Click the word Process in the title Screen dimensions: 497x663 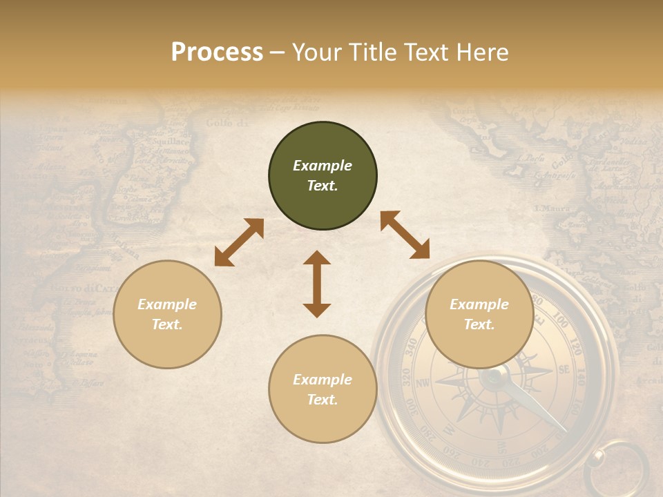pos(217,52)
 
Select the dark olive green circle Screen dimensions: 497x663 pos(323,176)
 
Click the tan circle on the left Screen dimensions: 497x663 pos(167,315)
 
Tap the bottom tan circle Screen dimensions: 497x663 pos(323,389)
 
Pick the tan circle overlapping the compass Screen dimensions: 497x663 pos(479,315)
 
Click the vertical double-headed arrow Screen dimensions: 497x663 pos(317,284)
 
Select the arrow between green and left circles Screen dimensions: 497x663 pos(239,242)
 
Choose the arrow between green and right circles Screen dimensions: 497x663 pos(405,235)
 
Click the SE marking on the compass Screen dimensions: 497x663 pos(563,370)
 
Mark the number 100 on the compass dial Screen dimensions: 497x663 pos(561,323)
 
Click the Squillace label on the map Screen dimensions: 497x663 pos(171,141)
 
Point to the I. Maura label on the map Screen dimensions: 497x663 pos(551,207)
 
